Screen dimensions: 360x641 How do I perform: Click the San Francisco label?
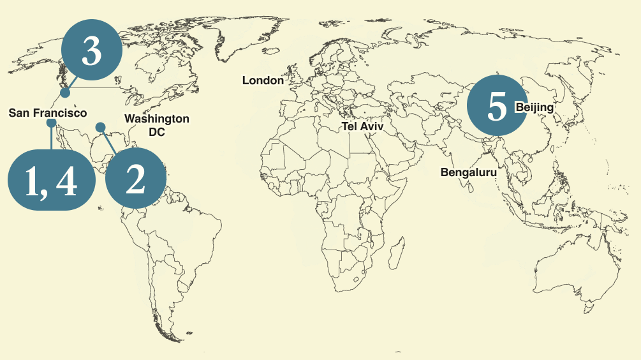tap(48, 113)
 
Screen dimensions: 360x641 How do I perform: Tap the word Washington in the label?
tap(156, 119)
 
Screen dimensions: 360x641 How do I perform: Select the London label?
tap(263, 80)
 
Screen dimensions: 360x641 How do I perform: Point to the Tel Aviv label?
tap(363, 126)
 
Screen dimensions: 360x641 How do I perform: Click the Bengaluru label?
tap(468, 172)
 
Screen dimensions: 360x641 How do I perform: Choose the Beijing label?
tap(534, 107)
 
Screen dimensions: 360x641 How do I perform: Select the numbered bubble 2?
tap(135, 180)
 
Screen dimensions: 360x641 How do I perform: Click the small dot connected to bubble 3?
tap(65, 93)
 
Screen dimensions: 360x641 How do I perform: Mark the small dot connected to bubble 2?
tap(100, 127)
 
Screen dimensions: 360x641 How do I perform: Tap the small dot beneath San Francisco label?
tap(51, 123)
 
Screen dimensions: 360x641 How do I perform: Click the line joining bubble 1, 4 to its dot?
tap(51, 137)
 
